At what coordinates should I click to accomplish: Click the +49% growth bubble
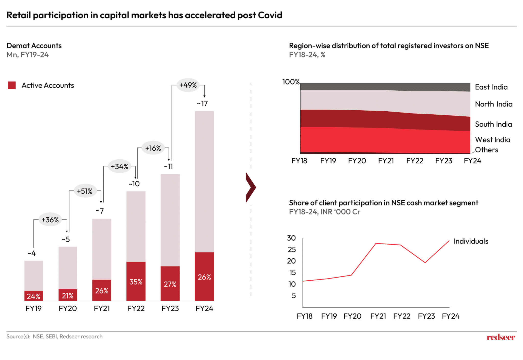point(188,85)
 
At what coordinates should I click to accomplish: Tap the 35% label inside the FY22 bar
point(136,282)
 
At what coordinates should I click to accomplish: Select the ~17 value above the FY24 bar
point(203,103)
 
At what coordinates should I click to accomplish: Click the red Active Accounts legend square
point(12,85)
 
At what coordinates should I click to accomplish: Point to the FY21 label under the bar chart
point(102,308)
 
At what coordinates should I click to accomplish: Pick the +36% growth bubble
point(50,220)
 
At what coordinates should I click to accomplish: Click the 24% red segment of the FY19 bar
point(33,296)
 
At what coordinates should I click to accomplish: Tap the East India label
point(491,87)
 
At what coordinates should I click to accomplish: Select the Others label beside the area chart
point(486,150)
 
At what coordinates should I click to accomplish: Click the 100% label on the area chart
point(291,82)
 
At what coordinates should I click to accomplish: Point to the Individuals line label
point(471,241)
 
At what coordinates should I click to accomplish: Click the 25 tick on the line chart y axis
point(292,249)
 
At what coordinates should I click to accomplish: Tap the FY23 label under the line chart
point(426,316)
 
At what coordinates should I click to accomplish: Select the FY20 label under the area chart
point(357,161)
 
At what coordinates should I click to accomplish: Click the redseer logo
point(501,337)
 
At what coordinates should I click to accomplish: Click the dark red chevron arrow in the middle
point(250,187)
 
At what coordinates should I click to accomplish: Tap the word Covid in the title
point(270,15)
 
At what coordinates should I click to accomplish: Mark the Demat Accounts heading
point(34,46)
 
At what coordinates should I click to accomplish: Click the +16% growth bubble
point(153,148)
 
